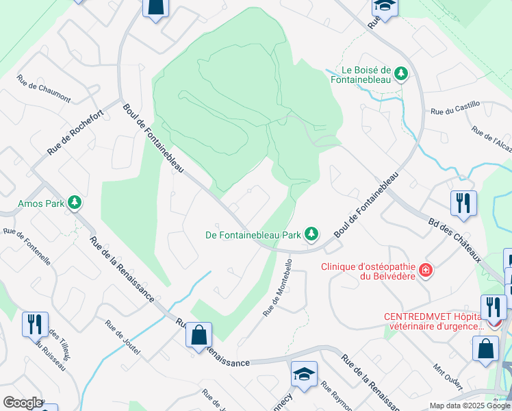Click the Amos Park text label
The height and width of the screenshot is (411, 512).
click(x=41, y=203)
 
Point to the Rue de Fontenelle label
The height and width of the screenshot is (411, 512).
click(x=27, y=247)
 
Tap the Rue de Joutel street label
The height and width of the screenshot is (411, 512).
click(x=123, y=338)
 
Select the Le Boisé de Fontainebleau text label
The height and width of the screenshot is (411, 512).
click(x=366, y=75)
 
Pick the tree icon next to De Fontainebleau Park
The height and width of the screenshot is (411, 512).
click(x=311, y=235)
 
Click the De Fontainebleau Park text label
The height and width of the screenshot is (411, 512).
click(x=254, y=235)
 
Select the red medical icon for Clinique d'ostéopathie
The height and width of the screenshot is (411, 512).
click(x=426, y=271)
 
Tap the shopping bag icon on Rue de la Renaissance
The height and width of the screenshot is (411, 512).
click(x=199, y=335)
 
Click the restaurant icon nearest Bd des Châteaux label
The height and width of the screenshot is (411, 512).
click(x=463, y=203)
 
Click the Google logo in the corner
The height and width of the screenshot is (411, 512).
click(x=23, y=403)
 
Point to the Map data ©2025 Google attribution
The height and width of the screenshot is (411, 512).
click(x=469, y=406)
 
